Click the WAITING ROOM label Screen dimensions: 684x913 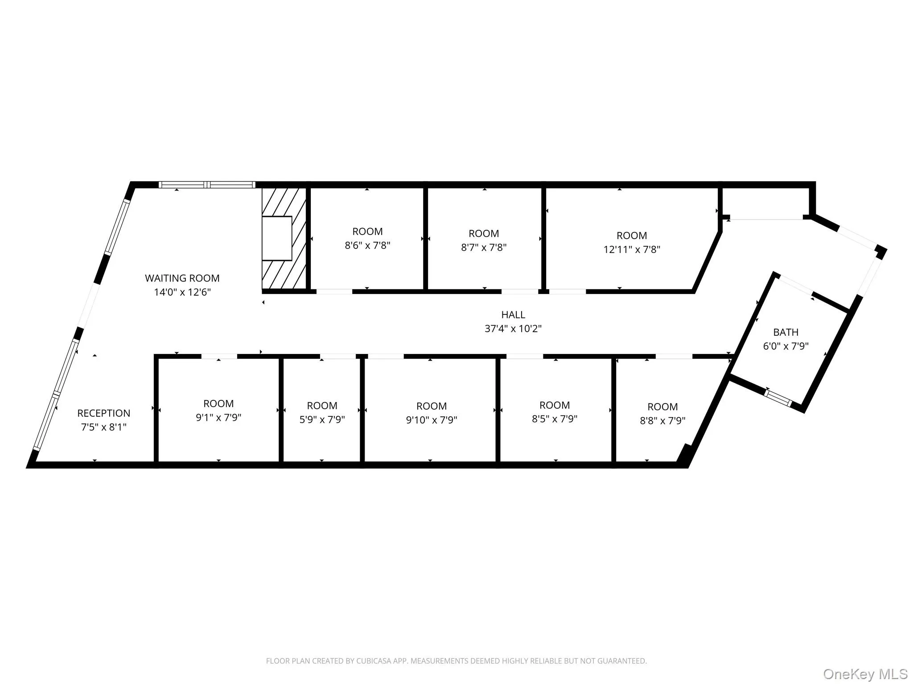click(182, 278)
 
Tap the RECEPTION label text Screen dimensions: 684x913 click(103, 413)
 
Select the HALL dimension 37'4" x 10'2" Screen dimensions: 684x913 click(513, 329)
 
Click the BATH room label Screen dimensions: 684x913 click(786, 332)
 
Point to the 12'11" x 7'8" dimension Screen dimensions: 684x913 click(631, 249)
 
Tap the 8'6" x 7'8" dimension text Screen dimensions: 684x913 click(367, 245)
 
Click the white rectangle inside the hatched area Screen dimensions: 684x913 click(276, 238)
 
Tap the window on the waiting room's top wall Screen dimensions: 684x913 click(207, 185)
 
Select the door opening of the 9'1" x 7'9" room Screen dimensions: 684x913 click(219, 356)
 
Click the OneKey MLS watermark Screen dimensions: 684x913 click(865, 674)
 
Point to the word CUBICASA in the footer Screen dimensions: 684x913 click(373, 661)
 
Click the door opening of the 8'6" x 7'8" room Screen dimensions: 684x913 click(334, 292)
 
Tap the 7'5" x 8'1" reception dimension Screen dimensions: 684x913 click(103, 427)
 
